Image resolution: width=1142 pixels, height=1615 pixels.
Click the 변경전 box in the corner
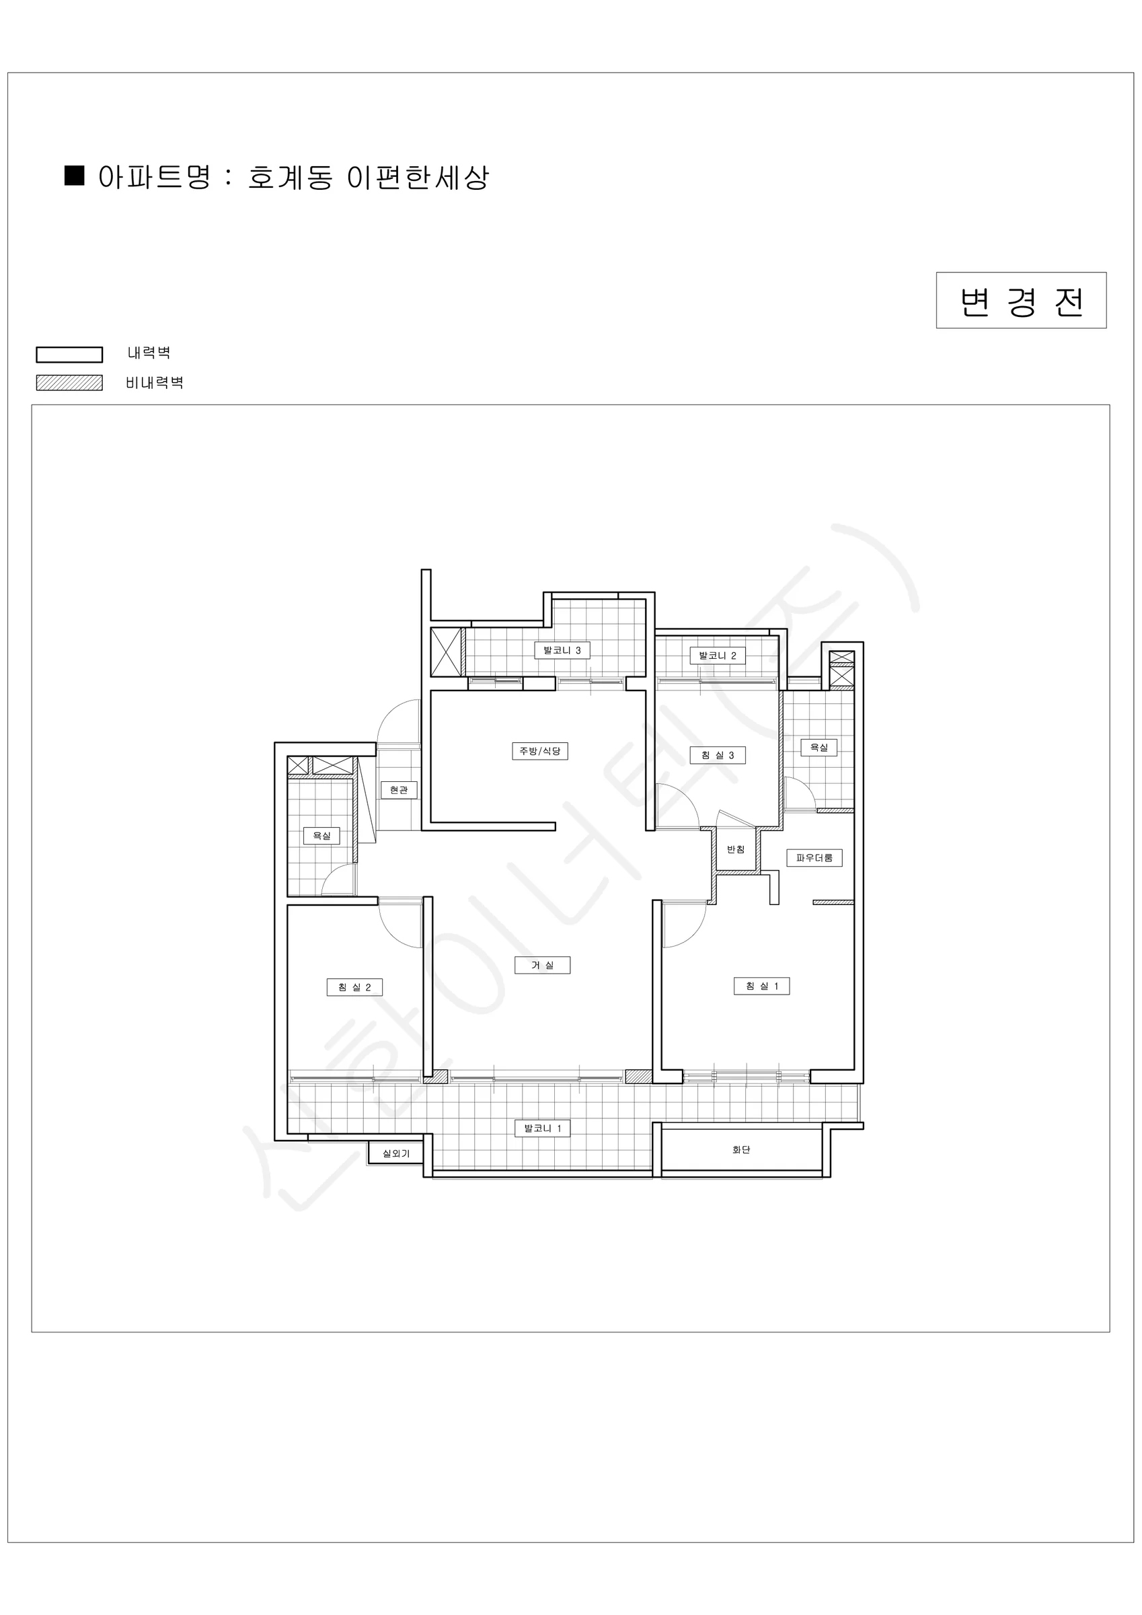pos(1021,300)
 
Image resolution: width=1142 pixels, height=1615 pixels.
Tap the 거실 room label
pos(542,965)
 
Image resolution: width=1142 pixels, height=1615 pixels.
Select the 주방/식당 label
pos(539,751)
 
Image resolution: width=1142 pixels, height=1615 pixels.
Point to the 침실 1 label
pos(761,986)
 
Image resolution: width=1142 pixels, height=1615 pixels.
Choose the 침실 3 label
pos(717,756)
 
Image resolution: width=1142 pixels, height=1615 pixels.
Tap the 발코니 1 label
pos(543,1128)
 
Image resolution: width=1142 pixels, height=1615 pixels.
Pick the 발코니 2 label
pos(717,655)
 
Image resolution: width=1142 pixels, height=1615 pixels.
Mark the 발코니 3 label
pos(562,651)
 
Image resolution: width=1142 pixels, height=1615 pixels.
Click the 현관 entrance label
pos(399,790)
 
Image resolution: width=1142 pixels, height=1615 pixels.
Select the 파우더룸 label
pos(814,858)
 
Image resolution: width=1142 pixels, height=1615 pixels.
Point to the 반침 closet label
pos(736,850)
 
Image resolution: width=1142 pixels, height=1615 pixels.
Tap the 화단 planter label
pos(741,1149)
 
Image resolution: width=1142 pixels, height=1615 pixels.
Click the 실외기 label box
pos(396,1153)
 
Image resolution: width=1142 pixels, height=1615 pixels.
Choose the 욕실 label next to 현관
pos(321,836)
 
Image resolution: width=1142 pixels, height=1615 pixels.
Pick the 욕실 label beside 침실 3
pos(819,747)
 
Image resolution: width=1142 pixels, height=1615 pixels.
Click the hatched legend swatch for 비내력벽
pos(70,383)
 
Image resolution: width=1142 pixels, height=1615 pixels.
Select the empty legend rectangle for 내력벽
pos(70,355)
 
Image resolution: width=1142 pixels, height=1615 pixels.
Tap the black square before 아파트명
pos(75,175)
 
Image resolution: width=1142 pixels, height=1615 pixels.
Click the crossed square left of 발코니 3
pos(445,652)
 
